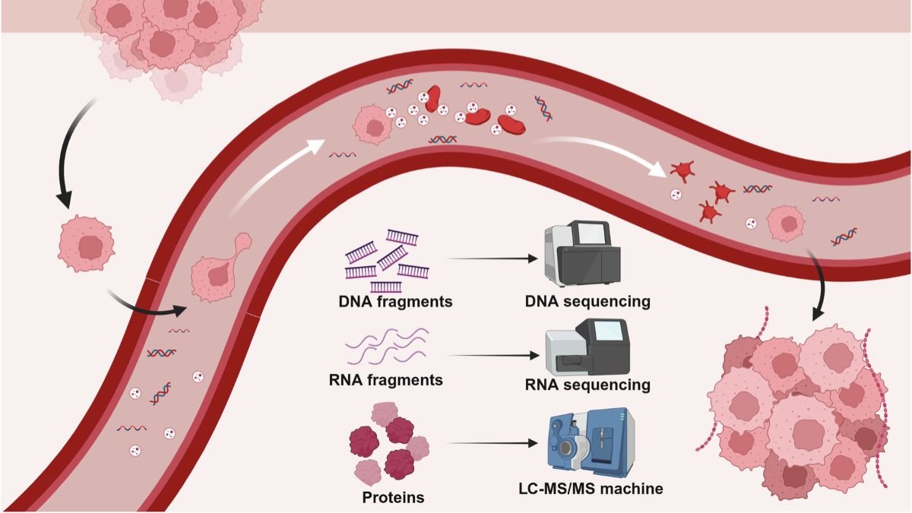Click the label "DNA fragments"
395,301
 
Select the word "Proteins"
393,498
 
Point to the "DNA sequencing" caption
588,301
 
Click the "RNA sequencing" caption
588,385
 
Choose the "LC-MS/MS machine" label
587,488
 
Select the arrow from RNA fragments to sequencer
494,355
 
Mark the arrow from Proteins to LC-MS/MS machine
494,443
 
